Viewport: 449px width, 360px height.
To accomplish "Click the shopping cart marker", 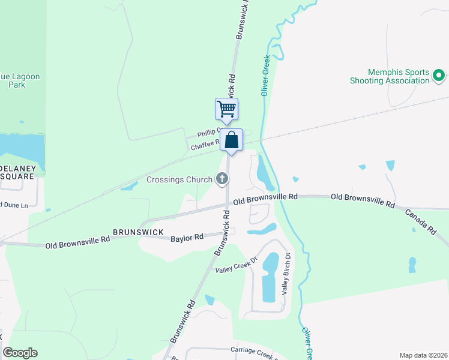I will [226, 110].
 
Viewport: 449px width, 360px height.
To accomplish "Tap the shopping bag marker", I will [232, 140].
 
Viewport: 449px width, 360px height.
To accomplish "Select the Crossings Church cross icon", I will [222, 178].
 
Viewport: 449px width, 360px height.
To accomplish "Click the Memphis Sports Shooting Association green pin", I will [439, 76].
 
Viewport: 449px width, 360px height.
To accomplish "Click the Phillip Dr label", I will [209, 133].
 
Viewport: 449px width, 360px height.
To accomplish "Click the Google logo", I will [20, 352].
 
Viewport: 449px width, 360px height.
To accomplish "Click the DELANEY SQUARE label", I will [17, 172].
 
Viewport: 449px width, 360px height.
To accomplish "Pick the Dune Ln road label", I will [14, 205].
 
